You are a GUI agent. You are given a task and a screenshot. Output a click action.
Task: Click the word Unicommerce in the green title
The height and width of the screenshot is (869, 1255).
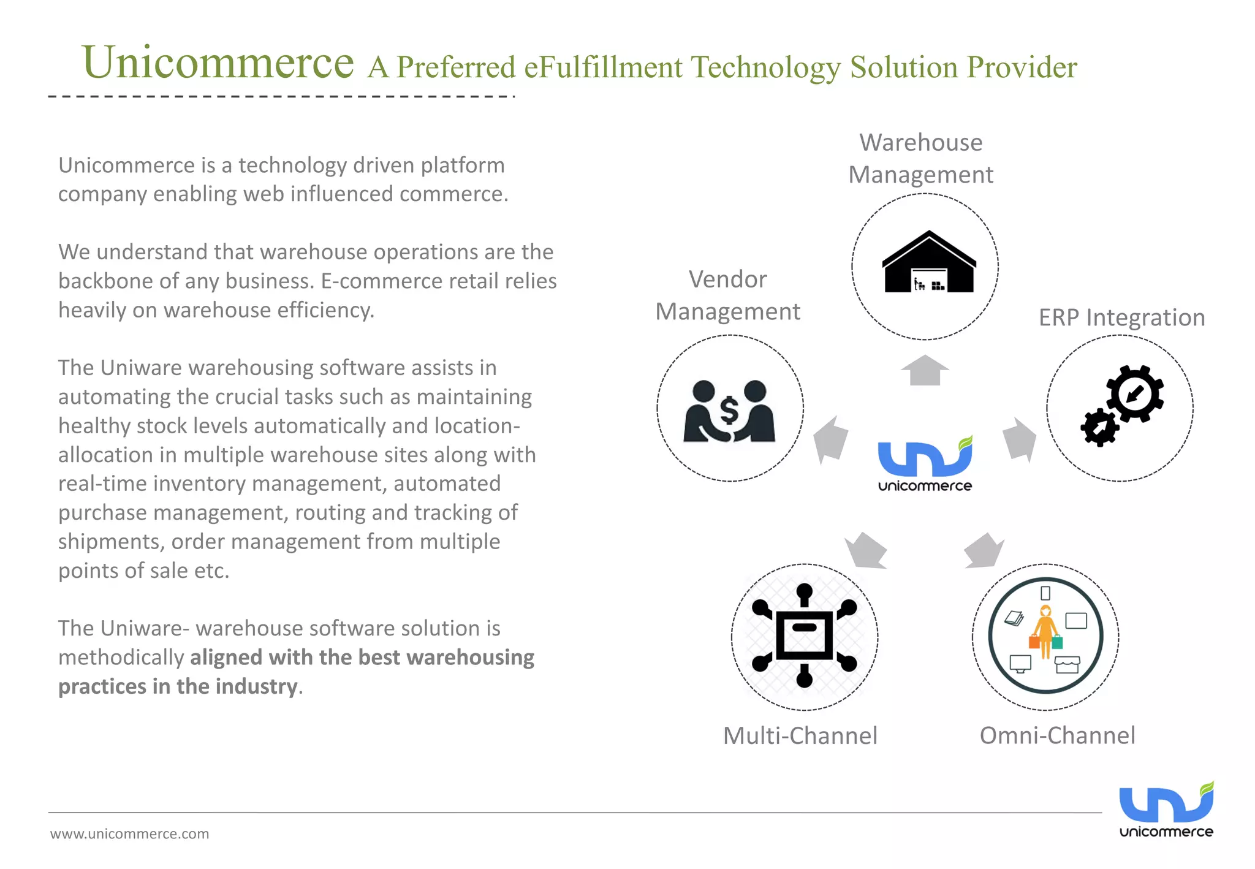point(218,63)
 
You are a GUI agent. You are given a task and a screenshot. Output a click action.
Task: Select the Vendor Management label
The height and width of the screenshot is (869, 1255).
point(727,295)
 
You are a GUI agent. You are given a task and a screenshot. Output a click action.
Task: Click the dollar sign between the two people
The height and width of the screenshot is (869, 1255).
point(729,410)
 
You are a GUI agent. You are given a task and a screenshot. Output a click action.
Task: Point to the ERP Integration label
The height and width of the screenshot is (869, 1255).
point(1121,317)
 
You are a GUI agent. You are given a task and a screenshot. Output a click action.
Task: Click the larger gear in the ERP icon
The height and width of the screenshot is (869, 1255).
point(1135,393)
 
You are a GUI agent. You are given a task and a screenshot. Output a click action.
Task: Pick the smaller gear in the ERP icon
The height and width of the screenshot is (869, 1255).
point(1099,428)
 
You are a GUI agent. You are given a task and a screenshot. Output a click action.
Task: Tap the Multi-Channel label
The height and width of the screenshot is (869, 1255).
point(800,735)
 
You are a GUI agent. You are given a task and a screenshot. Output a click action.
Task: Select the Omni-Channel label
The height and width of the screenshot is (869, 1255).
point(1057,735)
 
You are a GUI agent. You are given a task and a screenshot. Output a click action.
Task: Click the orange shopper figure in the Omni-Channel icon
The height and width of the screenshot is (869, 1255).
point(1045,631)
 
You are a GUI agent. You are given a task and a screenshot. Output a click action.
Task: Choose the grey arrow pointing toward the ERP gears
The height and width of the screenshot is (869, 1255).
point(1020,439)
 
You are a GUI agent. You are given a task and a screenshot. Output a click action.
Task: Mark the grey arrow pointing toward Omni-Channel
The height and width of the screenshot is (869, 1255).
point(984,550)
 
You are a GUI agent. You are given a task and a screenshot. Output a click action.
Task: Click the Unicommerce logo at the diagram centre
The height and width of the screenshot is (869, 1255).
point(925,465)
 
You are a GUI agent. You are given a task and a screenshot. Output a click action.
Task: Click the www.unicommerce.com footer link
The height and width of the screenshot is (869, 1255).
point(129,834)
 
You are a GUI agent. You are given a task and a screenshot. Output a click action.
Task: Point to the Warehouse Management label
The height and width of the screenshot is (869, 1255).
point(920,158)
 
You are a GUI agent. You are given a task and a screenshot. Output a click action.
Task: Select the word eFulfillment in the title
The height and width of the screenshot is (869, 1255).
point(602,67)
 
